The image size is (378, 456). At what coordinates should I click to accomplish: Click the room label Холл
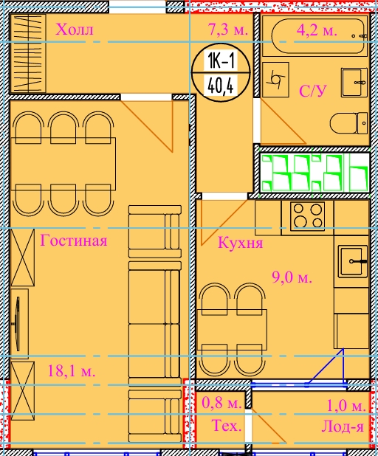pos(75,30)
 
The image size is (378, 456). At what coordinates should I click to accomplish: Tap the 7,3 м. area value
pos(228,30)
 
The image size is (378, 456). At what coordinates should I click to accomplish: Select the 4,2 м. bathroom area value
pos(317,30)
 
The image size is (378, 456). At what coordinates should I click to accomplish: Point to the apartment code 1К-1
pos(221,61)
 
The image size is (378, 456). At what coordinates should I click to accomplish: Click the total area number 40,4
pos(221,86)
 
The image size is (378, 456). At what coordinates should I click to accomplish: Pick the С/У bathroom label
pos(313,91)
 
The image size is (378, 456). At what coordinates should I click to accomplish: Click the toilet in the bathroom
pos(348,123)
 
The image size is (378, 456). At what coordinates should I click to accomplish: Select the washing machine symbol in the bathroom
pos(275,80)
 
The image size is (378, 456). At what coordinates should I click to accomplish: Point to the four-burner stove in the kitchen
pos(308,216)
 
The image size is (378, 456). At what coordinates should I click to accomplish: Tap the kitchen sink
pos(353,261)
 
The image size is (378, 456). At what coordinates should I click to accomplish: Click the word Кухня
pos(241,242)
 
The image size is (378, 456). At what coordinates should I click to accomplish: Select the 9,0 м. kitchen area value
pos(292,277)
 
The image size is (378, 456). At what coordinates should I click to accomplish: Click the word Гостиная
pos(74,241)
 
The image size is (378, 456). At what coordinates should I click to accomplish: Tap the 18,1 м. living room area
pos(72,371)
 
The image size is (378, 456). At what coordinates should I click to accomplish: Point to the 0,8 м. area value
pos(221,402)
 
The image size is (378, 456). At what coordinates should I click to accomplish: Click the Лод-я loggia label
pos(343,426)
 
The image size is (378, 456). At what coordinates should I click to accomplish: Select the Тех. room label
pos(227,425)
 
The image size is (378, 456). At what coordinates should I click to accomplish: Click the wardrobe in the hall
pos(28,53)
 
